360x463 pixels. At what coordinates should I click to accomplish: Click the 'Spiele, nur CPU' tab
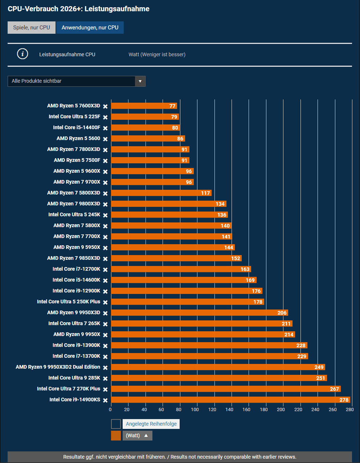(32, 28)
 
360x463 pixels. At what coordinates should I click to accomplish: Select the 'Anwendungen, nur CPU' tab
(90, 28)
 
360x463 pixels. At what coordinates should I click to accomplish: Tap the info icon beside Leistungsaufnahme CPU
(22, 54)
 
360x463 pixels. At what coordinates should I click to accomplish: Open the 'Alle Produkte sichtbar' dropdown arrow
(140, 81)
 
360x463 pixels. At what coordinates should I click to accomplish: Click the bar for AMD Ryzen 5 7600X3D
(144, 106)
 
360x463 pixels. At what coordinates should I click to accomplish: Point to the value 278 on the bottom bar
(344, 400)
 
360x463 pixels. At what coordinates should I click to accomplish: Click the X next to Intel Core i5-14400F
(105, 128)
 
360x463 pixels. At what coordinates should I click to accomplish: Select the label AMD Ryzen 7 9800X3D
(74, 204)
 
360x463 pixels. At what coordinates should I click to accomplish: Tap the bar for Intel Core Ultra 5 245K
(169, 214)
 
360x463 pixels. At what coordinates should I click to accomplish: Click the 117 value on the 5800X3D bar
(205, 193)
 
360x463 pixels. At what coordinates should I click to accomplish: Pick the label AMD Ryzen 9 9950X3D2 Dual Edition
(58, 367)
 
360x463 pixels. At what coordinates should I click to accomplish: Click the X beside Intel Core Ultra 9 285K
(105, 378)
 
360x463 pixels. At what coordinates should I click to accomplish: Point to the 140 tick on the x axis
(229, 410)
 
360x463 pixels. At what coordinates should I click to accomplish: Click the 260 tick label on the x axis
(333, 410)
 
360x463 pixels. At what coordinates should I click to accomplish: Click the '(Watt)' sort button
(138, 435)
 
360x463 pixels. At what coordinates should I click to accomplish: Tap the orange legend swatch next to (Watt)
(116, 435)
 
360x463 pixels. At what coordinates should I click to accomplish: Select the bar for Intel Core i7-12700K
(181, 269)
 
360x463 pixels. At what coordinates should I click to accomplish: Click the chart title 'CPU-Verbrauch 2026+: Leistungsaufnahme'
(79, 9)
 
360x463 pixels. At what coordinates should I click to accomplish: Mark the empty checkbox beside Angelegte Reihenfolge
(116, 424)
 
